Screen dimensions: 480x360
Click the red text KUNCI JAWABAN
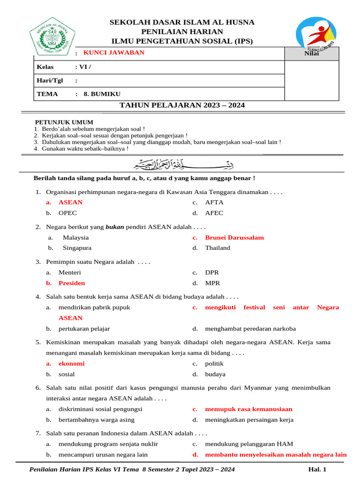[x=114, y=52]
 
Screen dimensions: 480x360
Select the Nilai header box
[x=312, y=54]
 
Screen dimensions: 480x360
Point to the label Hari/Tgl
[x=50, y=80]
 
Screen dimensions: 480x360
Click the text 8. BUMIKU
[x=98, y=94]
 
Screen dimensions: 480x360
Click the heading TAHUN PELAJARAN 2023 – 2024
[x=182, y=105]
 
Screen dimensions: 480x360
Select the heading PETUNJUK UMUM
[x=64, y=122]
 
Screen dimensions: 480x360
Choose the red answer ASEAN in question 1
[x=70, y=202]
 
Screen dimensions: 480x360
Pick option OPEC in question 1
[x=67, y=213]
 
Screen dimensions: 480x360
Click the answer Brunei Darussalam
[x=234, y=238]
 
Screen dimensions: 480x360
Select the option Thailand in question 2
[x=217, y=248]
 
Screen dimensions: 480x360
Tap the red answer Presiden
[x=72, y=283]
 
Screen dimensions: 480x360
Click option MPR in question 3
[x=212, y=283]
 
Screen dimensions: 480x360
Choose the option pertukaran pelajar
[x=84, y=329]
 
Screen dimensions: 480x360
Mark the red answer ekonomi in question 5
[x=71, y=364]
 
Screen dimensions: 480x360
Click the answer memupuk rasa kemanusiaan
[x=248, y=409]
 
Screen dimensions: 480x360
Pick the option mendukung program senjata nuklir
[x=108, y=444]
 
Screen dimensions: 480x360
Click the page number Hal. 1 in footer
[x=317, y=469]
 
